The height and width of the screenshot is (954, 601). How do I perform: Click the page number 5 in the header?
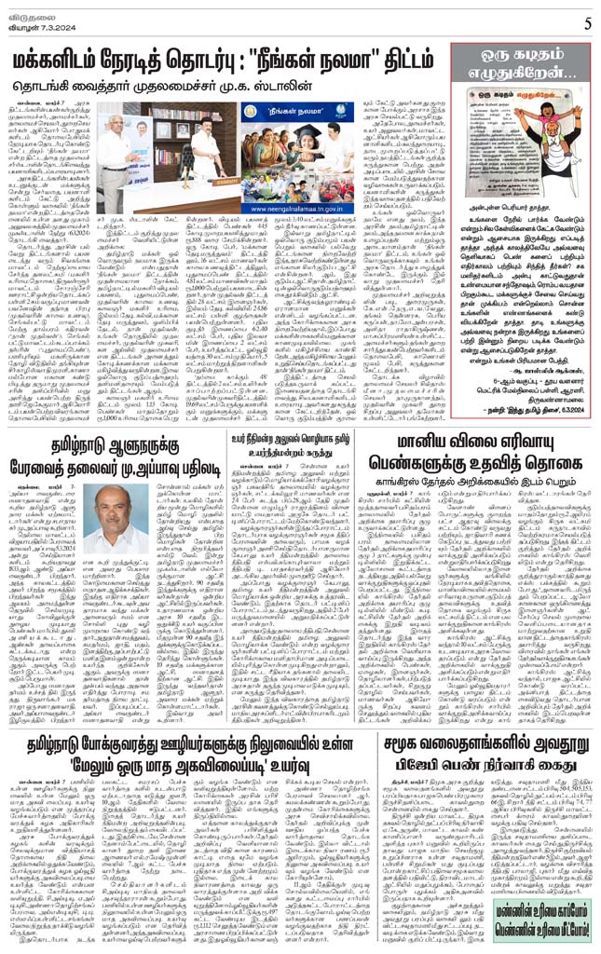[x=588, y=21]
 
